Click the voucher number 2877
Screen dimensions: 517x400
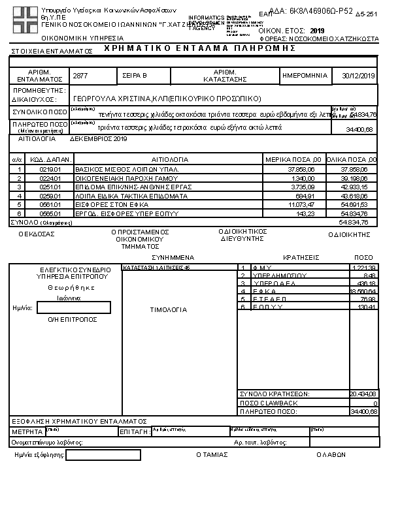coord(80,76)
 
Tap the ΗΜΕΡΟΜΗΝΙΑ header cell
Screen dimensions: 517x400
coord(305,76)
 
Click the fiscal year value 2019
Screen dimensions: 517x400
coord(318,31)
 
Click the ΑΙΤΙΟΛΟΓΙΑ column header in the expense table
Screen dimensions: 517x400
coord(170,159)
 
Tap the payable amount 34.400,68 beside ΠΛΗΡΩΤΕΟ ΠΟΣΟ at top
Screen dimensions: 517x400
coord(360,130)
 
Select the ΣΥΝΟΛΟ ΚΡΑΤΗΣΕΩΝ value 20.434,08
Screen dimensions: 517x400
coord(363,394)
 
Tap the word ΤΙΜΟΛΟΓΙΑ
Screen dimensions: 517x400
coord(169,310)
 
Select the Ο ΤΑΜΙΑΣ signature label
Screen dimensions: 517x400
coord(211,455)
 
